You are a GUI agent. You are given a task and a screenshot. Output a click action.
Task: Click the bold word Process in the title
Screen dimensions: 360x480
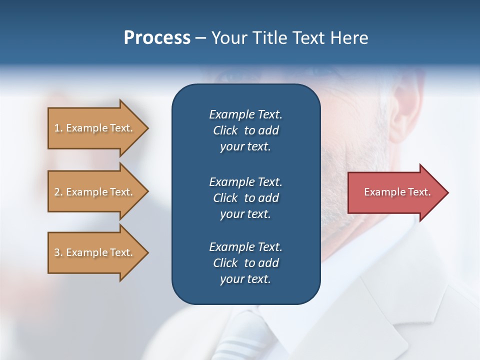point(157,38)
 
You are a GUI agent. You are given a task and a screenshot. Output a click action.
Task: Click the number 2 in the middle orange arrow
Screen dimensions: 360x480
point(57,192)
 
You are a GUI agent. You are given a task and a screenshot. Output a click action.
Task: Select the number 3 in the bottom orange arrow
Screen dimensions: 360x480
point(57,252)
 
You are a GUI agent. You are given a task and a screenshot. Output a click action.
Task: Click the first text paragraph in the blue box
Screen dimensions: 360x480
point(245,130)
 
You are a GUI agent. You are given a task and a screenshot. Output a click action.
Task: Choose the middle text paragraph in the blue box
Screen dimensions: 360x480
point(245,198)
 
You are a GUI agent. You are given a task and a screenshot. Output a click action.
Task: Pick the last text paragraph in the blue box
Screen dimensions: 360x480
point(245,263)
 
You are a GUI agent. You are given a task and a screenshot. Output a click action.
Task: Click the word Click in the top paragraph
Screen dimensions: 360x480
point(225,130)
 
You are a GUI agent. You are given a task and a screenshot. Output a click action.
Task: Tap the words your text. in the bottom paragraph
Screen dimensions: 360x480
point(245,279)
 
